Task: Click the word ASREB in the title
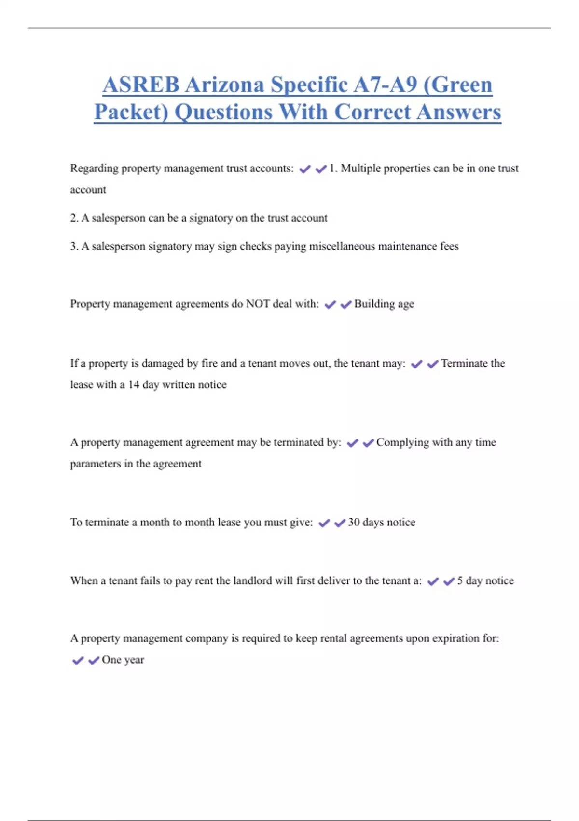pos(141,85)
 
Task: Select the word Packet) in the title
pos(131,112)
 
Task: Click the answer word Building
pos(374,304)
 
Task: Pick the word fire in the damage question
pos(209,363)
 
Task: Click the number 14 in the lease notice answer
pos(134,385)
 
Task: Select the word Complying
pos(402,442)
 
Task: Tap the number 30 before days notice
pos(354,522)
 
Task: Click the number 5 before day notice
pos(460,580)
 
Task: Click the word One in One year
pos(111,660)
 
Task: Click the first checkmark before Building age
pos(330,305)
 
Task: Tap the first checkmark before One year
pos(78,660)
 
